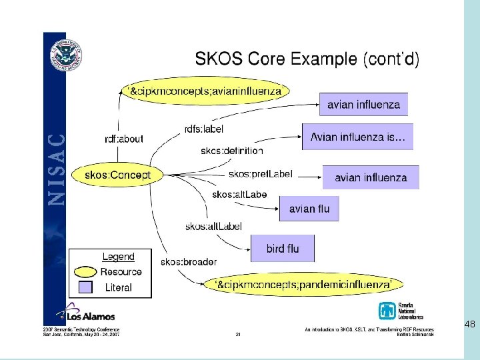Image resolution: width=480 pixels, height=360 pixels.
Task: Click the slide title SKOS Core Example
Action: click(x=307, y=59)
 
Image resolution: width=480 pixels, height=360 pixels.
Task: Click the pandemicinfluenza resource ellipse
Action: click(x=303, y=285)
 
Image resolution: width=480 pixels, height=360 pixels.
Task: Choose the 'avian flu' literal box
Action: click(x=309, y=209)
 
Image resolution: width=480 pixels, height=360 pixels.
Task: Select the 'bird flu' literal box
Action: click(x=283, y=249)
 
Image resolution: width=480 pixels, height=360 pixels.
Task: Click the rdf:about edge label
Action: click(x=124, y=139)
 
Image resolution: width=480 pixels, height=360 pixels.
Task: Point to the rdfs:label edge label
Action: click(x=203, y=129)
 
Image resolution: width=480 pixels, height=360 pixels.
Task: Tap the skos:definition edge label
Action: click(x=231, y=151)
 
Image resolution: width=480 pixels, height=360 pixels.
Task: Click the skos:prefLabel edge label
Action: click(x=260, y=174)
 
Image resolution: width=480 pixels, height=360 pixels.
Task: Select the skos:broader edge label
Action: click(x=188, y=261)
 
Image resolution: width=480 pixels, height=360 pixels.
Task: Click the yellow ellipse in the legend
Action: click(x=85, y=272)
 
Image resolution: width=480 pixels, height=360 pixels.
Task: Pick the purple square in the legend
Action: click(x=85, y=287)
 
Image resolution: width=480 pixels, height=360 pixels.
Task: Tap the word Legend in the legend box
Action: click(x=118, y=257)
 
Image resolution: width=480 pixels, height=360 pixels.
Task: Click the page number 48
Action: click(x=469, y=325)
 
